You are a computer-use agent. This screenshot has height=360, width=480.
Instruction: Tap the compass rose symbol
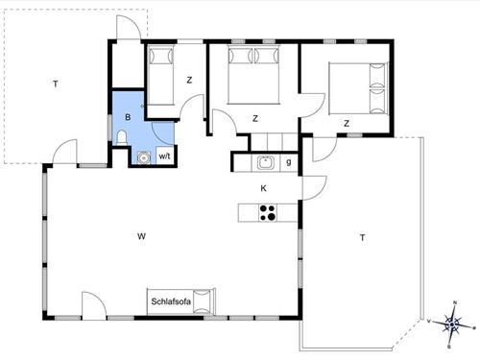point(452,324)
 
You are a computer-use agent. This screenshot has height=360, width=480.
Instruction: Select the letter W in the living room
point(140,235)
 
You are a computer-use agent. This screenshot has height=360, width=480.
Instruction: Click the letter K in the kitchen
point(263,188)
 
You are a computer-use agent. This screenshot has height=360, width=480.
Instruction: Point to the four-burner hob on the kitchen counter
point(268,212)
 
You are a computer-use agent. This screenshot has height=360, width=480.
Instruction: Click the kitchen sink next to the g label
point(266,162)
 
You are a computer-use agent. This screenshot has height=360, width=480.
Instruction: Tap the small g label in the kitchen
point(289,162)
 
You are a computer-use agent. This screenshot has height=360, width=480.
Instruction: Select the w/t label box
point(164,156)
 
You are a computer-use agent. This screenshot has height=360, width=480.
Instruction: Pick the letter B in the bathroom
point(127,117)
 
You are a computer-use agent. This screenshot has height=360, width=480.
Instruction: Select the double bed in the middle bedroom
point(253,72)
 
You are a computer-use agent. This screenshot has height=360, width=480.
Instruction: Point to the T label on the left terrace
point(56,85)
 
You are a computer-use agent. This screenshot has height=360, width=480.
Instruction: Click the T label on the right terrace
point(362,237)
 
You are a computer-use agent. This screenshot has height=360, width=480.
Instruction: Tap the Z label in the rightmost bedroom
point(346,123)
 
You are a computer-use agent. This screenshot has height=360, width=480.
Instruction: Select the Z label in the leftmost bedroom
point(189,80)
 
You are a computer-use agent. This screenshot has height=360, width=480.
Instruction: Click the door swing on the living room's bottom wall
point(94,305)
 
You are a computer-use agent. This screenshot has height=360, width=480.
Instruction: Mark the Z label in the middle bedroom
point(255,118)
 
